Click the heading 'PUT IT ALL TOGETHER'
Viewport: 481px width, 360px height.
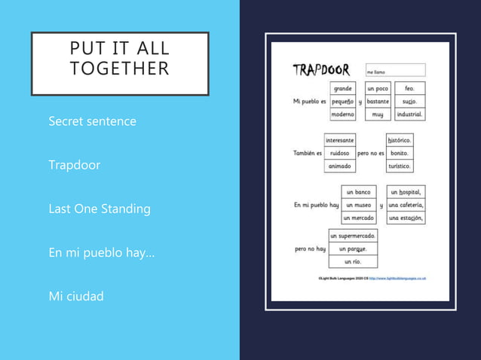point(119,59)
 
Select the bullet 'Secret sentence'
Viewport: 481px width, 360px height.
point(92,121)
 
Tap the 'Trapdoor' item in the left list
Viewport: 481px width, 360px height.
point(74,165)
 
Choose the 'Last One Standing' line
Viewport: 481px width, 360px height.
point(99,209)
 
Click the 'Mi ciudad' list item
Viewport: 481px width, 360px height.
point(76,296)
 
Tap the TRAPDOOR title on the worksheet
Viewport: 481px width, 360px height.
point(321,70)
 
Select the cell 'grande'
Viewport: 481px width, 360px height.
point(343,89)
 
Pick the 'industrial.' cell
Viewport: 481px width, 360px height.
point(409,114)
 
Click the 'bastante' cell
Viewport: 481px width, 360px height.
point(377,102)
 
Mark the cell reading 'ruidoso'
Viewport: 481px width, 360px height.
point(339,153)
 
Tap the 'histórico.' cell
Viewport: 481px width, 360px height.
point(399,140)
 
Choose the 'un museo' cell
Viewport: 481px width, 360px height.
point(358,205)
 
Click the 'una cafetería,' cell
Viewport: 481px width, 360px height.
point(406,205)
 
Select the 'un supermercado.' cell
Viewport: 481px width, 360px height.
point(352,236)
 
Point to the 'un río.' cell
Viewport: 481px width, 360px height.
point(352,261)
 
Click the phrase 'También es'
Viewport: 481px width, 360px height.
point(307,153)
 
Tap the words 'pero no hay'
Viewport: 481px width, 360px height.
point(310,249)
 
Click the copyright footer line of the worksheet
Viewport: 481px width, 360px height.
point(372,278)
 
